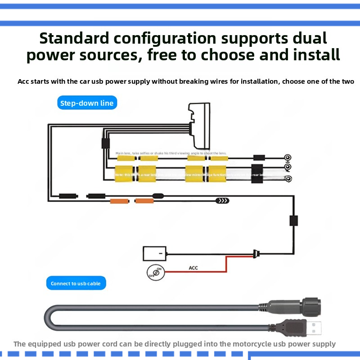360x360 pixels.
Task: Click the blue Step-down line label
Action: (87, 103)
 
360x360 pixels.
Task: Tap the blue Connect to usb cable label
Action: (76, 283)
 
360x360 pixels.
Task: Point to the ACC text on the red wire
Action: (193, 268)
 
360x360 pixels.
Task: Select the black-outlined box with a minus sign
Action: (154, 253)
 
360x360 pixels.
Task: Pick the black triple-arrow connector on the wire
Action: (222, 201)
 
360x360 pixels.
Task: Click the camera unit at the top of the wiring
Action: (199, 126)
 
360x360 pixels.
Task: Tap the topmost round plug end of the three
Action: (288, 158)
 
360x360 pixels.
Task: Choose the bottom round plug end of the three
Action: (288, 179)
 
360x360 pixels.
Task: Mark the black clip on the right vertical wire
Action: (293, 220)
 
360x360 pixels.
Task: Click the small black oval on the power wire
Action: (158, 196)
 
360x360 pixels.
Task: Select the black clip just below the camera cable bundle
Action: (105, 144)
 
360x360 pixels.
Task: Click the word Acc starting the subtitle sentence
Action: (24, 81)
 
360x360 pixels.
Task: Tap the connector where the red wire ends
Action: (256, 254)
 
